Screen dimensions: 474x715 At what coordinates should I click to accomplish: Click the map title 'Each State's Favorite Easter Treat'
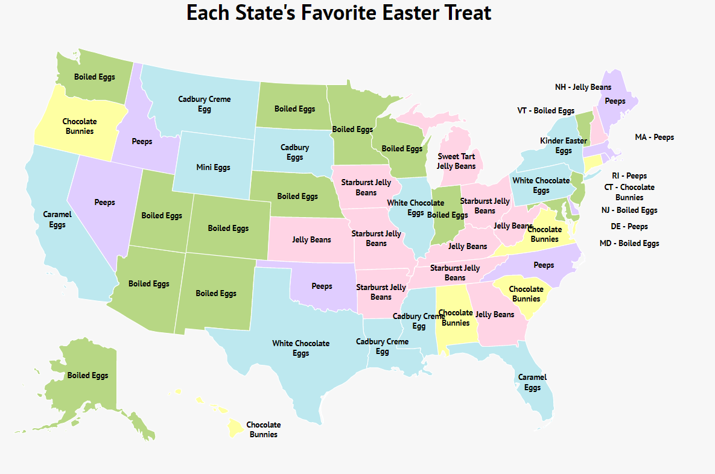338,13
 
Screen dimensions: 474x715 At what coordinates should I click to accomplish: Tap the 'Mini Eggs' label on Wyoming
214,167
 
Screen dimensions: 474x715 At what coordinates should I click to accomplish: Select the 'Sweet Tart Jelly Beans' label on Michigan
456,161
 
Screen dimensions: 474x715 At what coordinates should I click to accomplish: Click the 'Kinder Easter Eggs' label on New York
563,145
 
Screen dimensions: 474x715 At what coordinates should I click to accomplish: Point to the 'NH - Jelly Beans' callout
583,87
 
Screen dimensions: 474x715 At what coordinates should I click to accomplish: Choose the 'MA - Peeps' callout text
654,137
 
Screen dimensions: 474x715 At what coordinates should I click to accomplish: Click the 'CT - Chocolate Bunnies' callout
629,192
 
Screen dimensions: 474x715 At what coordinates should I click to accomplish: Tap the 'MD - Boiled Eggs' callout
629,243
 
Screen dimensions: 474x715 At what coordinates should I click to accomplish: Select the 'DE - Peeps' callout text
629,226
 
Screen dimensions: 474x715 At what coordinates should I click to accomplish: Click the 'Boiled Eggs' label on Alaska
87,375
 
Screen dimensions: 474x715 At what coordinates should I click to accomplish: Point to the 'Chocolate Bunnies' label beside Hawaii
264,429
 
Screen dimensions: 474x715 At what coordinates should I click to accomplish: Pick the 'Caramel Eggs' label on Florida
532,382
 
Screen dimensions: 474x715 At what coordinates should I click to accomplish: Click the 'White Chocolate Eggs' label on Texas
300,348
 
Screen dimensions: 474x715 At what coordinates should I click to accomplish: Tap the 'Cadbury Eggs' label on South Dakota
294,152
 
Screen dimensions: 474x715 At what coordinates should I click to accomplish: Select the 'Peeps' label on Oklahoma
322,286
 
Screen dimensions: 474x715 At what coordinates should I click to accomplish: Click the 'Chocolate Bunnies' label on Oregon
79,126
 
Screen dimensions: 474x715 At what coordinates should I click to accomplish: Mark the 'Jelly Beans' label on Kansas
311,239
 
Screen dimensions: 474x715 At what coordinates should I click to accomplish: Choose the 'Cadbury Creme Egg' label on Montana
204,104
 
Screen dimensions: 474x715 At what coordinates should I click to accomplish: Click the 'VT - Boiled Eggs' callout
545,110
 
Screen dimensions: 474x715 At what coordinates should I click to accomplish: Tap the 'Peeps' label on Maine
615,101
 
